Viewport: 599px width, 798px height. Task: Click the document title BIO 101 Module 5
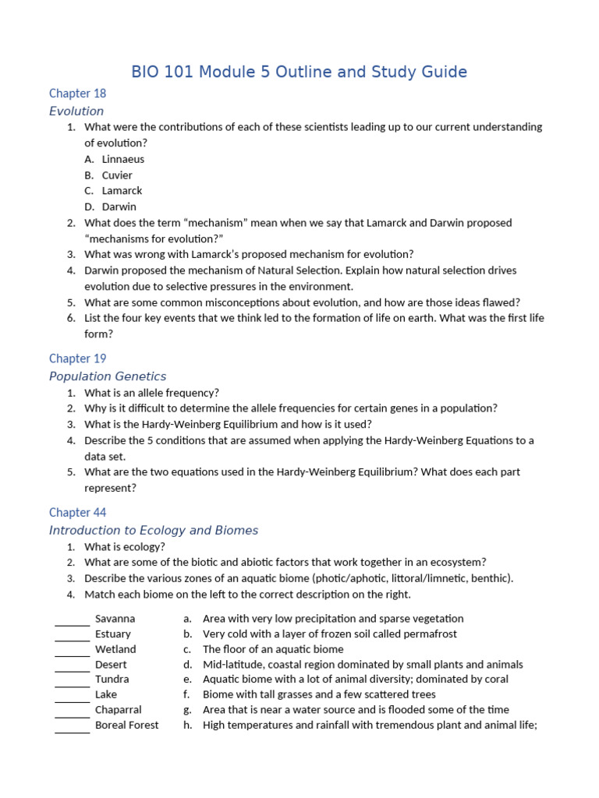pyautogui.click(x=299, y=72)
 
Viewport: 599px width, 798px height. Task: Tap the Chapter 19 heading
pyautogui.click(x=77, y=358)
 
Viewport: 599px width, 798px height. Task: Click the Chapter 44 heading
pyautogui.click(x=77, y=513)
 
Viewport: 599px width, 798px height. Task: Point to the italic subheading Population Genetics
pyautogui.click(x=108, y=376)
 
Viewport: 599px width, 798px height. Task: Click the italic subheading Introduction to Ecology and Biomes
pyautogui.click(x=153, y=531)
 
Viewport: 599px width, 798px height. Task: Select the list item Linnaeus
pyautogui.click(x=122, y=159)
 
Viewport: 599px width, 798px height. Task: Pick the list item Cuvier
pyautogui.click(x=117, y=175)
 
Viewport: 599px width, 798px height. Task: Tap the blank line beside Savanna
pyautogui.click(x=72, y=622)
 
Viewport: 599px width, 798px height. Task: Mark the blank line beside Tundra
pyautogui.click(x=72, y=683)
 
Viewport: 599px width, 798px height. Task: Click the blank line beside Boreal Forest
pyautogui.click(x=72, y=729)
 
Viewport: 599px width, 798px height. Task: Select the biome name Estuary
pyautogui.click(x=113, y=634)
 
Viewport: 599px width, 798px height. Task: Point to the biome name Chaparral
pyautogui.click(x=118, y=710)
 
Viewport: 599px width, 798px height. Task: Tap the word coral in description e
pyautogui.click(x=494, y=680)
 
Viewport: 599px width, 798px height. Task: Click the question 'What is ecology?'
pyautogui.click(x=125, y=547)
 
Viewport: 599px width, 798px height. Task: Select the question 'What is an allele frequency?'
pyautogui.click(x=151, y=393)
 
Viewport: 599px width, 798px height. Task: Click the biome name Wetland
pyautogui.click(x=115, y=649)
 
